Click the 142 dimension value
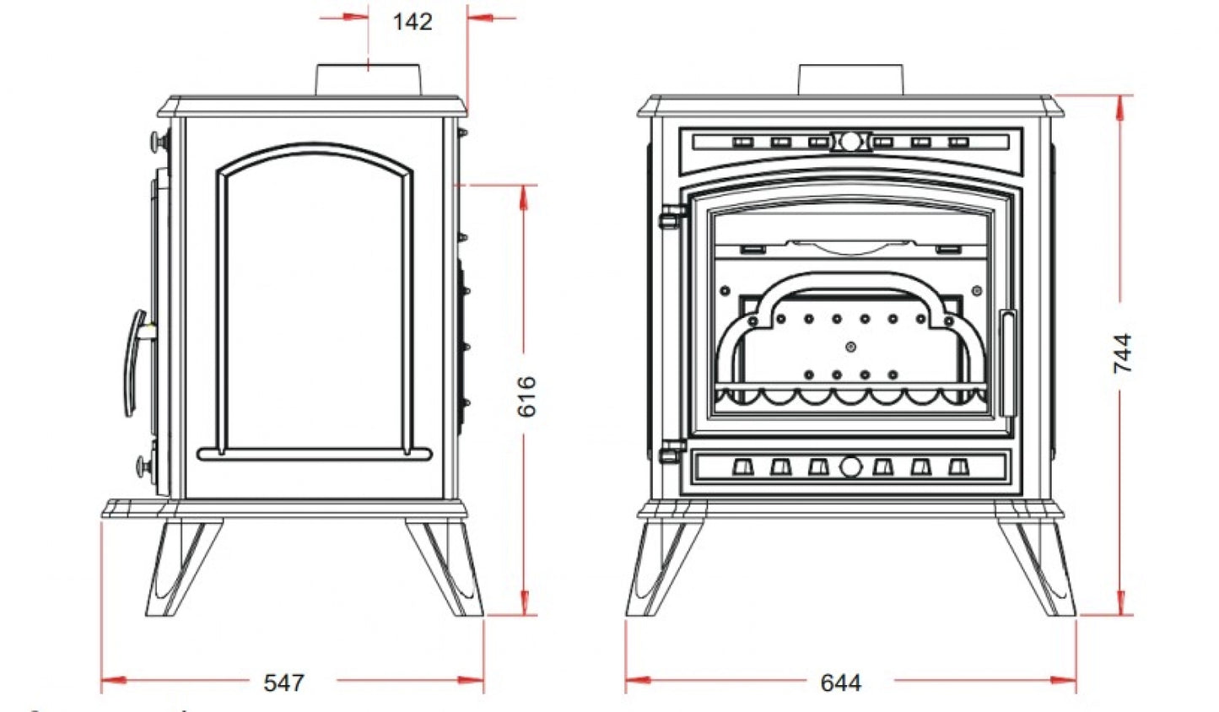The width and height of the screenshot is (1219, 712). (x=413, y=22)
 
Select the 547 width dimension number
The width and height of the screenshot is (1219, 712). (x=284, y=682)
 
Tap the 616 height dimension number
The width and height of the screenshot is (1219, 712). (x=526, y=396)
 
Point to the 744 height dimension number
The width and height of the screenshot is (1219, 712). (x=1123, y=353)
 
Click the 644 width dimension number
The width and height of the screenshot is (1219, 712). (x=841, y=682)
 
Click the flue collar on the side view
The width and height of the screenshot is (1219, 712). (x=369, y=80)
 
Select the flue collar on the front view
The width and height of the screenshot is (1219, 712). (x=850, y=80)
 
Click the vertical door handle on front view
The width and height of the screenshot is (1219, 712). (x=1008, y=363)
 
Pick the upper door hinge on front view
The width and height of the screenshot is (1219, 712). (x=672, y=217)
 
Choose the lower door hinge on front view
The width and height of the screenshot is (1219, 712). (x=672, y=451)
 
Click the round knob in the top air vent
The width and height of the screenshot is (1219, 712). (x=850, y=142)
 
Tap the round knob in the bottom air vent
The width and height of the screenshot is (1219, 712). (x=850, y=467)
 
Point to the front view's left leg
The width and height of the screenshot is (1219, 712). (x=666, y=567)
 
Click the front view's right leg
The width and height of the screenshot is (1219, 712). (x=1036, y=567)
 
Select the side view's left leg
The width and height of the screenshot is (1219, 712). (x=184, y=567)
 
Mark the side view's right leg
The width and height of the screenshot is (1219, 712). (x=445, y=567)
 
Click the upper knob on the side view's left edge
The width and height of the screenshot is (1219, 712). (x=160, y=142)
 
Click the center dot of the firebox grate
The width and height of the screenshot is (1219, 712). (x=850, y=347)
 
